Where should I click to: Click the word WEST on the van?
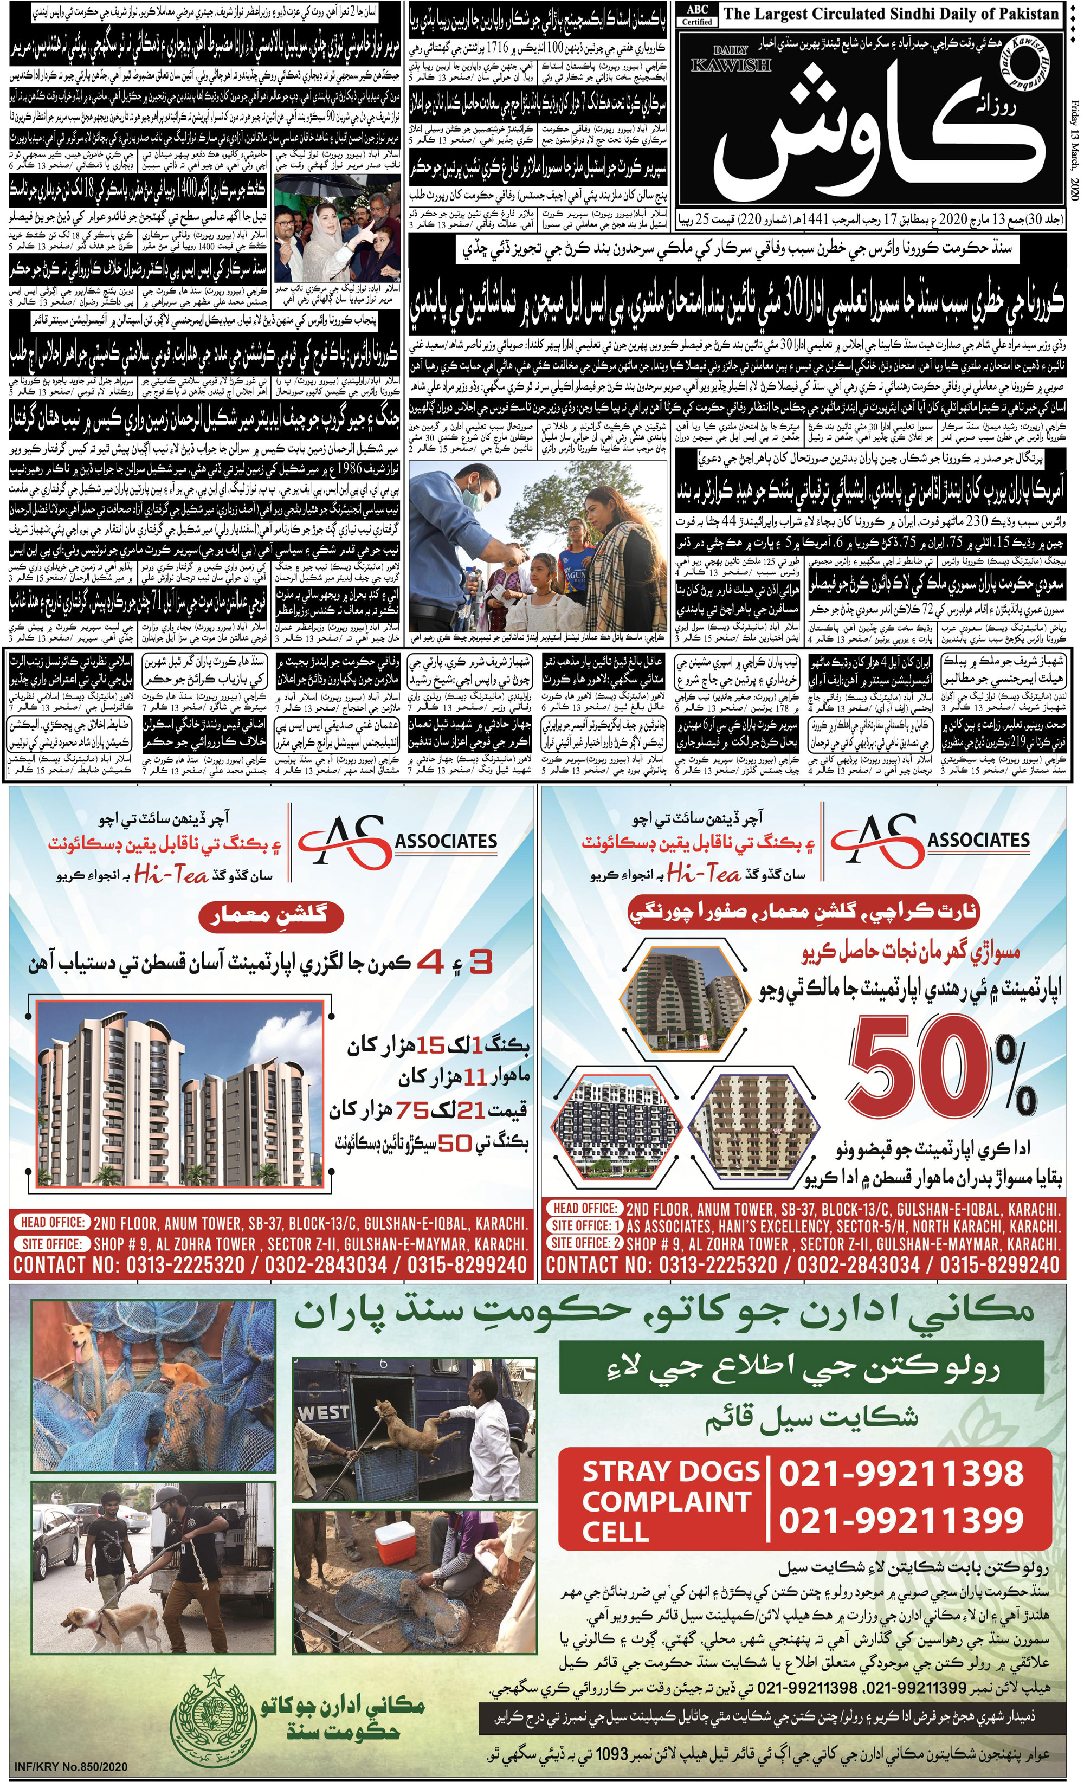pyautogui.click(x=322, y=1411)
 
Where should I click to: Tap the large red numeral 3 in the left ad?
pyautogui.click(x=480, y=962)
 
